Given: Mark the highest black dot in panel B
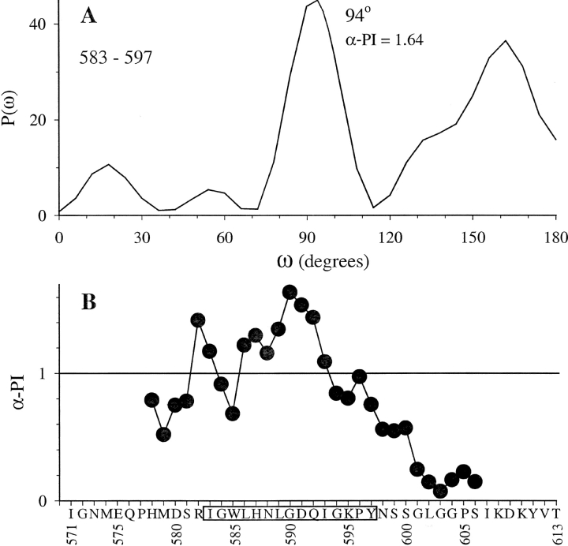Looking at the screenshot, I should pos(290,293).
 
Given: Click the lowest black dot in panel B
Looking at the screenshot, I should pos(440,491).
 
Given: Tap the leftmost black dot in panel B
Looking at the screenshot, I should pos(151,400).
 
